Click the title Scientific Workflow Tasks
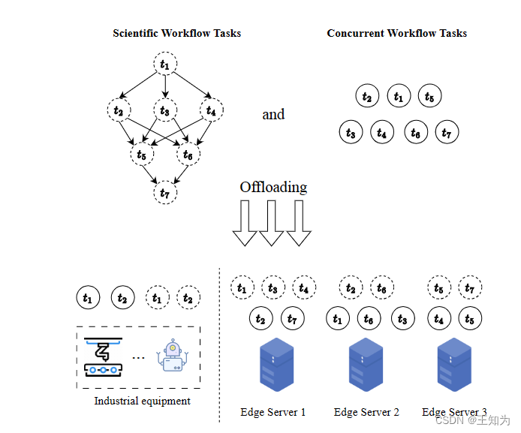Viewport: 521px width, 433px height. [x=176, y=33]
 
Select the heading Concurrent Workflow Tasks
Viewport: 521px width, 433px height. [x=396, y=33]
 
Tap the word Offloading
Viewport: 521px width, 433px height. [x=273, y=187]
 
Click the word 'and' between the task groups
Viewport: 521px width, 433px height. [x=273, y=114]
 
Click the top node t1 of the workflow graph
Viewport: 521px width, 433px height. [x=165, y=65]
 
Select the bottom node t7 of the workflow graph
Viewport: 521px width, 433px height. [x=165, y=193]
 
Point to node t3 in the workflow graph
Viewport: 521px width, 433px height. [x=165, y=111]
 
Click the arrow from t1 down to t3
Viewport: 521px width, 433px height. [x=165, y=88]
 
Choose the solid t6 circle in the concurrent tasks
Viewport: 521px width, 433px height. [x=416, y=132]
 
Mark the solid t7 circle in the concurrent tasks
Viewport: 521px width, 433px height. [x=447, y=132]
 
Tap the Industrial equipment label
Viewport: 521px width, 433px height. [x=142, y=401]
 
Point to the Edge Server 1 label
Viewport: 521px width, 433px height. [x=273, y=412]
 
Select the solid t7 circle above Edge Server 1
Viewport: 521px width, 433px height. [x=293, y=319]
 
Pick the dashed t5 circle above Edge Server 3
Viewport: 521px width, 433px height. [x=439, y=287]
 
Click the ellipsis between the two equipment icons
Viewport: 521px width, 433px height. [x=138, y=358]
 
